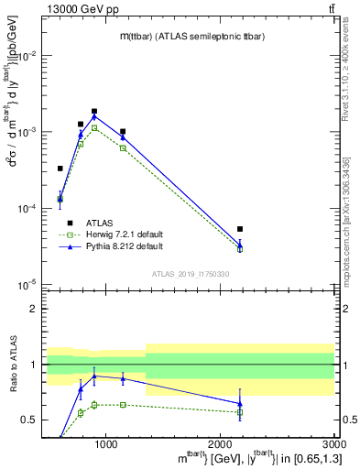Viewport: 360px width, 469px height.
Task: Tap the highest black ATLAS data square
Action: pos(94,112)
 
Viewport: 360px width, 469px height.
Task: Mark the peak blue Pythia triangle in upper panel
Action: pos(94,116)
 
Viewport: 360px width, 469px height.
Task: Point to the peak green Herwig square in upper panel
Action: pos(94,128)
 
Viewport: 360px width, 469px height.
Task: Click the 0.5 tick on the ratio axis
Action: pos(34,420)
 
